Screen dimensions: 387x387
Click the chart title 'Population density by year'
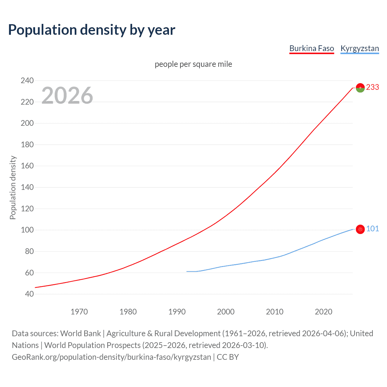pos(92,30)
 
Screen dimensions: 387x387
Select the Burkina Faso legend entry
pos(311,48)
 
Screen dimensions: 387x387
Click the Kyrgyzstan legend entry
pos(359,48)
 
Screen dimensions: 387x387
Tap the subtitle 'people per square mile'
pos(193,64)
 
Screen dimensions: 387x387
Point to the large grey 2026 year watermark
pos(67,96)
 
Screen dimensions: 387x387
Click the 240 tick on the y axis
pos(27,80)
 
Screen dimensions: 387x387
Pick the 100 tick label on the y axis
pos(27,230)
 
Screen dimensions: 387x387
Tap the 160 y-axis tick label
pos(27,166)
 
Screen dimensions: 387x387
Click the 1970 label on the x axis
pos(79,312)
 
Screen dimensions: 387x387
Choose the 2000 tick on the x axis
pos(226,312)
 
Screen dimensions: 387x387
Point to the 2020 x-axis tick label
pos(324,312)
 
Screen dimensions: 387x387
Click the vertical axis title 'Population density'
pos(13,187)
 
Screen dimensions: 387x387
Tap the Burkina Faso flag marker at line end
pos(360,88)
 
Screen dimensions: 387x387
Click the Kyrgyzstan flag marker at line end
pos(360,229)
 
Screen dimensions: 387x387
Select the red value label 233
pos(372,87)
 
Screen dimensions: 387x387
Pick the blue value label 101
pos(372,229)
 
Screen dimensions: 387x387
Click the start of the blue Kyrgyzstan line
pos(187,271)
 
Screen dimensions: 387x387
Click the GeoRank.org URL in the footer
pos(111,357)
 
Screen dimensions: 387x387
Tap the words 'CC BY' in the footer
pos(228,357)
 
